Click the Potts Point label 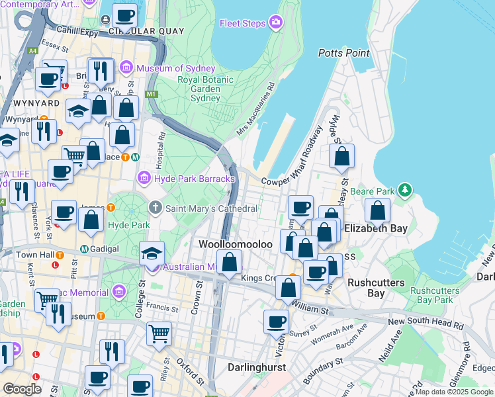pyautogui.click(x=343, y=52)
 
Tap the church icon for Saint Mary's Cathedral pyautogui.click(x=156, y=208)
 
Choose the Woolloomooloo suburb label pyautogui.click(x=236, y=244)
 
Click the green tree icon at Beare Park pyautogui.click(x=404, y=191)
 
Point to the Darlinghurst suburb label pyautogui.click(x=256, y=367)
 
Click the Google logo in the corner pyautogui.click(x=22, y=388)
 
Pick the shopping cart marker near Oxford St pyautogui.click(x=159, y=333)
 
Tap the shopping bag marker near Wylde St pyautogui.click(x=341, y=157)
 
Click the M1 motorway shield pyautogui.click(x=152, y=95)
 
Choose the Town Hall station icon pyautogui.click(x=60, y=255)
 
